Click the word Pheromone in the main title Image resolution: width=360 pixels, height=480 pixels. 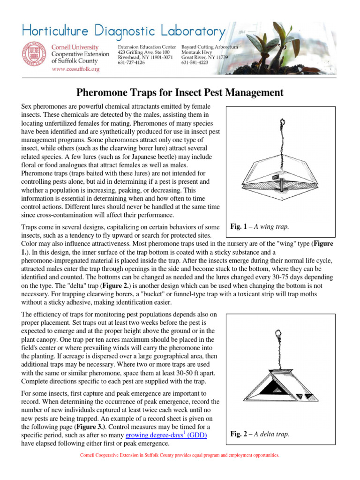click(112, 92)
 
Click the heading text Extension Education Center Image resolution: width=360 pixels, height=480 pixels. click(147, 47)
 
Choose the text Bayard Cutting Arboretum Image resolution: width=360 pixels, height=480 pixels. click(210, 47)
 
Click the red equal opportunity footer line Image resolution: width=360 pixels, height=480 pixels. click(180, 455)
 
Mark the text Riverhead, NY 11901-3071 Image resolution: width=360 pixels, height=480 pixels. click(145, 57)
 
